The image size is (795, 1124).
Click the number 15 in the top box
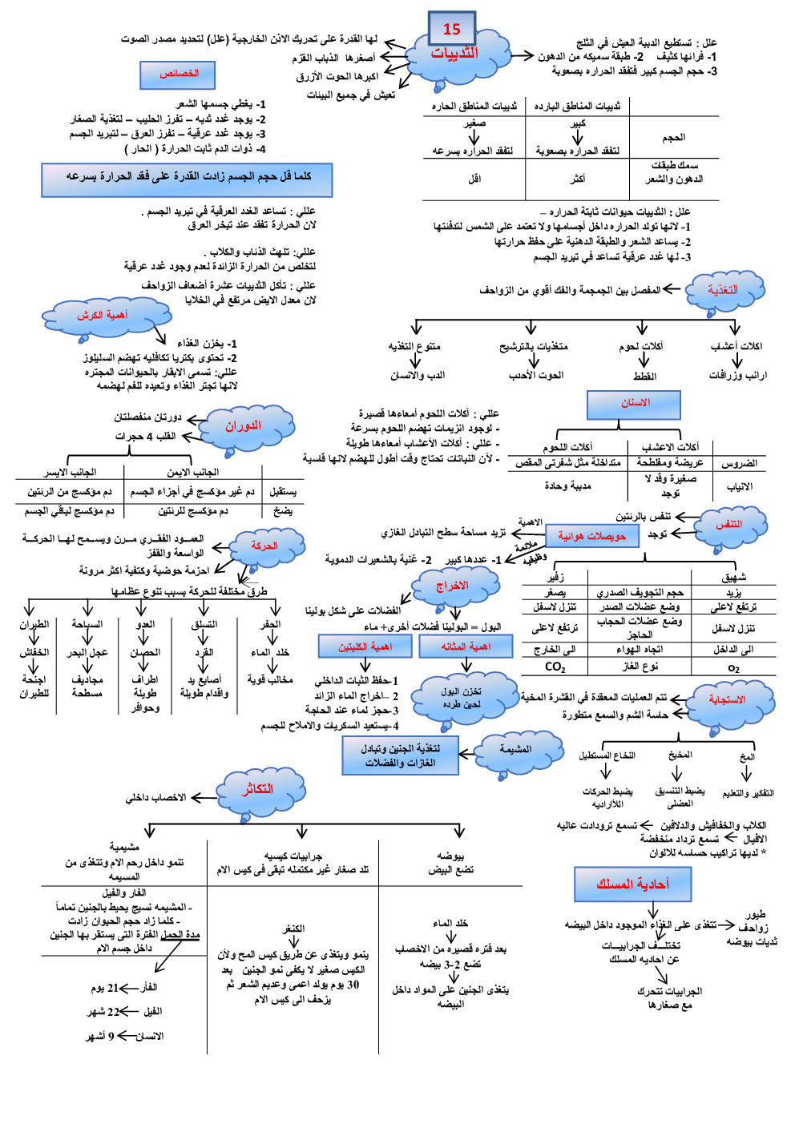[x=452, y=30]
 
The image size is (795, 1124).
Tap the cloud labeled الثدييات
[x=455, y=54]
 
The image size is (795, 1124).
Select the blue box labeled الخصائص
[x=179, y=75]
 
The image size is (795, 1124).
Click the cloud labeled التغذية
[x=723, y=290]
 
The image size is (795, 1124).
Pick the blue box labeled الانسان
[x=634, y=404]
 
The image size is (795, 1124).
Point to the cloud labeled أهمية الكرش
[x=103, y=316]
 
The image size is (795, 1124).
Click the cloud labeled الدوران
[x=244, y=426]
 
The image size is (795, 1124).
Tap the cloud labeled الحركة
[x=264, y=546]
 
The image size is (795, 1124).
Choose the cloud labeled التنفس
[x=728, y=525]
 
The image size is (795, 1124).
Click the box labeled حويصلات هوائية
[x=592, y=536]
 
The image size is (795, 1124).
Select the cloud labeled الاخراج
[x=453, y=586]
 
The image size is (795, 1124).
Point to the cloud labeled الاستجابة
[x=727, y=700]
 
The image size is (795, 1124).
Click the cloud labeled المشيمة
[x=515, y=750]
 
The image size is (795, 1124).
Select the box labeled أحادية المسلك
[x=632, y=884]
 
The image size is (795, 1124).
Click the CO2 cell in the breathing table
[x=555, y=667]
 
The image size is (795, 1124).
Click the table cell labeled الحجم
[x=673, y=138]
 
